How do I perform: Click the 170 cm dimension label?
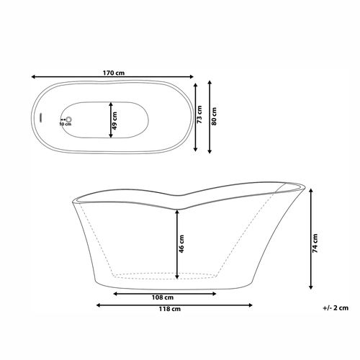tap(114, 73)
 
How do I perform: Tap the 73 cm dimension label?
tap(199, 114)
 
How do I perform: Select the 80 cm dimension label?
tap(214, 116)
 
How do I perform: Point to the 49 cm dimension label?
tap(114, 121)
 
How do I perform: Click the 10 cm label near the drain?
tap(66, 124)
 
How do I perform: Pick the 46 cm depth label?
tap(181, 244)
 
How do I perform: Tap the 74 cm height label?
tap(315, 243)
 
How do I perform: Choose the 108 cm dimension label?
tap(163, 297)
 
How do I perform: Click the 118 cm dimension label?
tap(170, 309)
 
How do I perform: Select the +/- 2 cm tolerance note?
tap(336, 308)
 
